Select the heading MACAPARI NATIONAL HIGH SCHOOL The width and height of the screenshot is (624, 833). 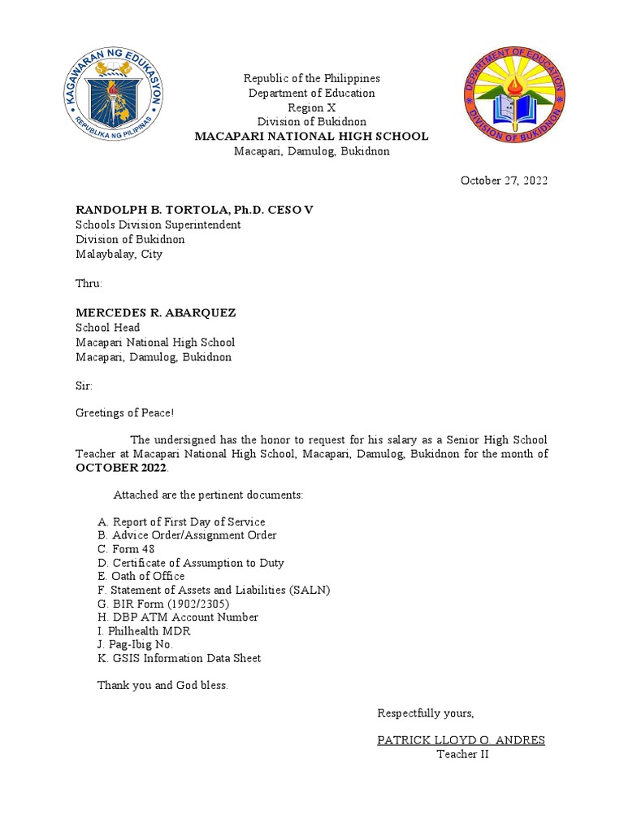pyautogui.click(x=311, y=137)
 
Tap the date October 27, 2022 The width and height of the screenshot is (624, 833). pyautogui.click(x=504, y=181)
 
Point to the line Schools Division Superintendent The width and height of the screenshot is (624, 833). pyautogui.click(x=158, y=225)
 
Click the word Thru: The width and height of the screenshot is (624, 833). pyautogui.click(x=89, y=284)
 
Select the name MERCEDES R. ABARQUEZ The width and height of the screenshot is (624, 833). pyautogui.click(x=156, y=313)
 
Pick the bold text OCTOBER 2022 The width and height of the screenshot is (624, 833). pyautogui.click(x=122, y=469)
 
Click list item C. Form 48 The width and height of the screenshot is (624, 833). pyautogui.click(x=126, y=549)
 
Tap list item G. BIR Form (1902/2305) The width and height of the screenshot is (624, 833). pyautogui.click(x=163, y=604)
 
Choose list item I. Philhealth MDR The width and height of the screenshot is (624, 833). pyautogui.click(x=144, y=630)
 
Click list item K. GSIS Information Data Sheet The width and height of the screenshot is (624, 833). pyautogui.click(x=179, y=658)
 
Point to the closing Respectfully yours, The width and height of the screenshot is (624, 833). pyautogui.click(x=425, y=713)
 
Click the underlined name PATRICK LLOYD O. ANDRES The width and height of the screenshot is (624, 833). pyautogui.click(x=461, y=740)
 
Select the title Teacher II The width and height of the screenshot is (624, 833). pyautogui.click(x=462, y=754)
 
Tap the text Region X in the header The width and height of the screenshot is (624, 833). pyautogui.click(x=311, y=107)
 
